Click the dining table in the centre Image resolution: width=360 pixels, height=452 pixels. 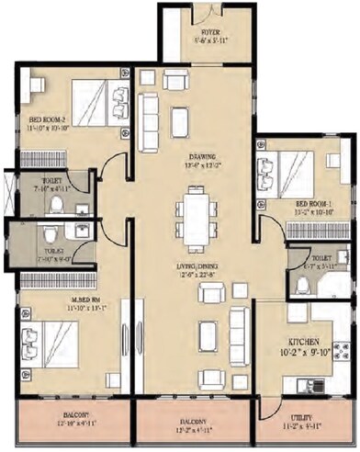click(x=195, y=220)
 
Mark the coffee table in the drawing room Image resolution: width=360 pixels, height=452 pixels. click(x=179, y=122)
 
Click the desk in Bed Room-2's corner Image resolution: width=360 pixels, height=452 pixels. click(x=36, y=85)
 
